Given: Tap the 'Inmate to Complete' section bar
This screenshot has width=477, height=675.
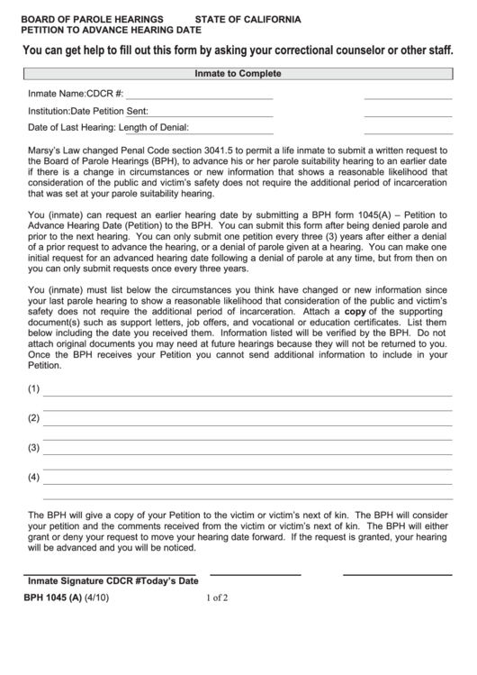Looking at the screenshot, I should pyautogui.click(x=238, y=74).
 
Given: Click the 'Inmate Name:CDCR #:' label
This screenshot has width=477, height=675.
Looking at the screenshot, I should pyautogui.click(x=76, y=93).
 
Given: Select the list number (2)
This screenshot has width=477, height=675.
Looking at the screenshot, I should pyautogui.click(x=34, y=418).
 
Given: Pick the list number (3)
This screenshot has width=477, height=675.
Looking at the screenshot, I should pyautogui.click(x=34, y=447).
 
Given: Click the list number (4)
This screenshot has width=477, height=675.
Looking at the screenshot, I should pyautogui.click(x=34, y=476).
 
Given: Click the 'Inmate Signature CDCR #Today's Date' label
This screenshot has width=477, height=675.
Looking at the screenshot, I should pyautogui.click(x=112, y=581).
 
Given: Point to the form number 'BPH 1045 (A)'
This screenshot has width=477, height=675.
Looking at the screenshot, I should pyautogui.click(x=52, y=597).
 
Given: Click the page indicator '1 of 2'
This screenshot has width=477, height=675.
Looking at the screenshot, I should pyautogui.click(x=217, y=597).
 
